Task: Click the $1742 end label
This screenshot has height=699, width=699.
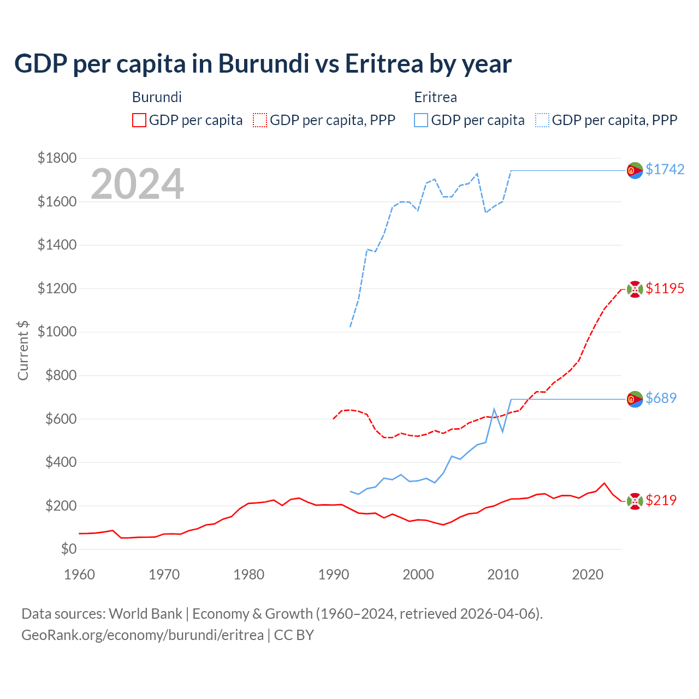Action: pos(665,169)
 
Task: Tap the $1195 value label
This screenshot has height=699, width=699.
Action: pos(665,288)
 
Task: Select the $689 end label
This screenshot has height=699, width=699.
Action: pos(661,398)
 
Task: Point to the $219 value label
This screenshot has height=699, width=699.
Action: pos(661,500)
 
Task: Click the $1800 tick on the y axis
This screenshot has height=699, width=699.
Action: pos(57,158)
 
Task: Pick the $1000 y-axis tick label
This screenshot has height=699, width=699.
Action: pos(57,332)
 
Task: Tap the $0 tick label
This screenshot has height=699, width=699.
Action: pos(68,549)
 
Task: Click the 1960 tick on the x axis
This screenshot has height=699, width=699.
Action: pos(80,574)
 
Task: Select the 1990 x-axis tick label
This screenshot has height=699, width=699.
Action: pos(334,574)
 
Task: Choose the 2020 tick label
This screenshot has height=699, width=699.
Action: pos(588,574)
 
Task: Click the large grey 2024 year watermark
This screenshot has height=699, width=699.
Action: pos(137,185)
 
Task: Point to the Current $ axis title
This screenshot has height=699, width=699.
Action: pos(23,351)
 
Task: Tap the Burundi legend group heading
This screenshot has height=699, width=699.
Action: pos(157,97)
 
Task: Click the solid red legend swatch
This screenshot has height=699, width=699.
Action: pos(139,120)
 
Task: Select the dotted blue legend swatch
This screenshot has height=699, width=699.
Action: pos(542,120)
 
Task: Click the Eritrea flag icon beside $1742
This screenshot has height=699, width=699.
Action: pos(635,170)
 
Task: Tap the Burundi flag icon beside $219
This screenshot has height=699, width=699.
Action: pos(635,501)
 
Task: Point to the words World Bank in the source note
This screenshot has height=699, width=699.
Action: pos(145,614)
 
